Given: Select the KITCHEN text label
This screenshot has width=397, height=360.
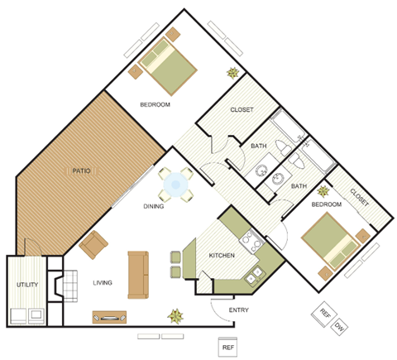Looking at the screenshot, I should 222,256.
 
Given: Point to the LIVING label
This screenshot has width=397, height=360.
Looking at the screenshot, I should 103,282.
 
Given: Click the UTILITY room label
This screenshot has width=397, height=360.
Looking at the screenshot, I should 27,286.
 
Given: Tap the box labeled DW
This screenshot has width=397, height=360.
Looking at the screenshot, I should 339,328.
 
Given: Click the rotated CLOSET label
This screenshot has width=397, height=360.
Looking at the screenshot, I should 358,198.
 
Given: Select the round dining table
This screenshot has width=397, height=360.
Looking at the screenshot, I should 175,185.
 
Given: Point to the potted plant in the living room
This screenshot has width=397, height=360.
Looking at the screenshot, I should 175,315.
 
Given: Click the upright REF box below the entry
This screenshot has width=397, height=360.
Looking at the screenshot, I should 228,348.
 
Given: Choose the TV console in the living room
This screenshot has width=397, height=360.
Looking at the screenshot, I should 109,315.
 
